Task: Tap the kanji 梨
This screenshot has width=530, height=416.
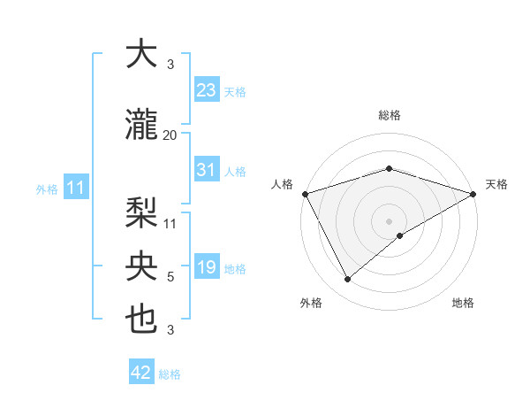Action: (141, 212)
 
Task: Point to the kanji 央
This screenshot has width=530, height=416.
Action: (141, 266)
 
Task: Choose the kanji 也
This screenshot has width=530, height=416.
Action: (141, 320)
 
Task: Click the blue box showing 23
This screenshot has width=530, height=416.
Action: (206, 89)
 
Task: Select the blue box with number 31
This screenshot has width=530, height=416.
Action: (206, 170)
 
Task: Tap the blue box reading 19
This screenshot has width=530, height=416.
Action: (206, 267)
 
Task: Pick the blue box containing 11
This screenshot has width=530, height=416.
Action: (75, 188)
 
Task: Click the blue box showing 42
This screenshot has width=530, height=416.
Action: (141, 373)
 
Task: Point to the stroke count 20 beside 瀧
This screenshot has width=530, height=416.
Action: (170, 135)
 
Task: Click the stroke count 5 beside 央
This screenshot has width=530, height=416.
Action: (170, 277)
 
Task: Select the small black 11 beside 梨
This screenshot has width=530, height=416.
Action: (170, 222)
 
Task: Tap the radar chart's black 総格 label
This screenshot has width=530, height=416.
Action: (389, 115)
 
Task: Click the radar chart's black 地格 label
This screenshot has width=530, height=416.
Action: (463, 303)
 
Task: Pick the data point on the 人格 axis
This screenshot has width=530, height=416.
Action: (305, 194)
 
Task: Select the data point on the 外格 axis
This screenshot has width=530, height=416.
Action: (348, 280)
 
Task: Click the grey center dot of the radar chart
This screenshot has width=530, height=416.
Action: (389, 220)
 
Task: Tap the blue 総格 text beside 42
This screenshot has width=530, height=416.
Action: (170, 374)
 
